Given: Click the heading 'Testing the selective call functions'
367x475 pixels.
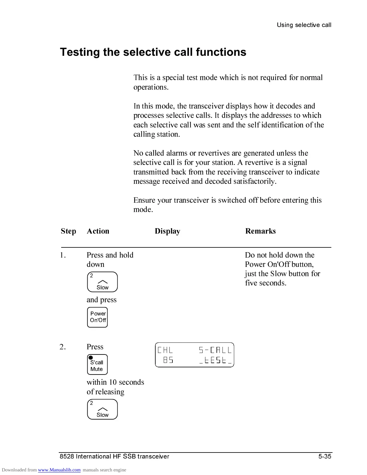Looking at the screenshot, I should [x=153, y=52].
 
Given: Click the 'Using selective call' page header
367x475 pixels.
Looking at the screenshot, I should [x=304, y=25].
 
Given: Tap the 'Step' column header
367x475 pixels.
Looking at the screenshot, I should [x=68, y=231].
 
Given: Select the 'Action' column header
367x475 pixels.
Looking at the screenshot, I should [x=98, y=231].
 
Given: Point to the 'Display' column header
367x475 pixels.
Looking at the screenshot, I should [x=167, y=231].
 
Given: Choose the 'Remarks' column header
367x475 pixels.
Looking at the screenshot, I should [x=260, y=231].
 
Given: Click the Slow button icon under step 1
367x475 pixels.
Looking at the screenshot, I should [x=102, y=282].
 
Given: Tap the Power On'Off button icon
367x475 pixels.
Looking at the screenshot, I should [x=97, y=317].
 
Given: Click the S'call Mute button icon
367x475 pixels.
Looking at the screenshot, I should [x=97, y=365].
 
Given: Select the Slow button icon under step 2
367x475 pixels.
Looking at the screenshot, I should [x=102, y=409].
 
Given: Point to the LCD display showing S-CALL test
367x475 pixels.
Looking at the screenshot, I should [x=195, y=355].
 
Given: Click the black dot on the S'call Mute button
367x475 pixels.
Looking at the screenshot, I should [x=91, y=357].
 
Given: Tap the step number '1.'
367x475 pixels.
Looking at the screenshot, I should [x=63, y=255].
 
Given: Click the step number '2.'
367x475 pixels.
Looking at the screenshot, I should [x=63, y=347].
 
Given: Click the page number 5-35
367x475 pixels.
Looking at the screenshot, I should [x=325, y=456].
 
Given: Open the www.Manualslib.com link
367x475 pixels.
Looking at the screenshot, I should [x=59, y=470].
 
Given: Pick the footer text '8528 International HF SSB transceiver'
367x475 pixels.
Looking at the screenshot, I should [x=115, y=456].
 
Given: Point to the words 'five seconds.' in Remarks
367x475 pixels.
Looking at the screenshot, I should [x=265, y=283].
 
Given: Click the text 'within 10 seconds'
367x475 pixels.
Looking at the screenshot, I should [x=115, y=382].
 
